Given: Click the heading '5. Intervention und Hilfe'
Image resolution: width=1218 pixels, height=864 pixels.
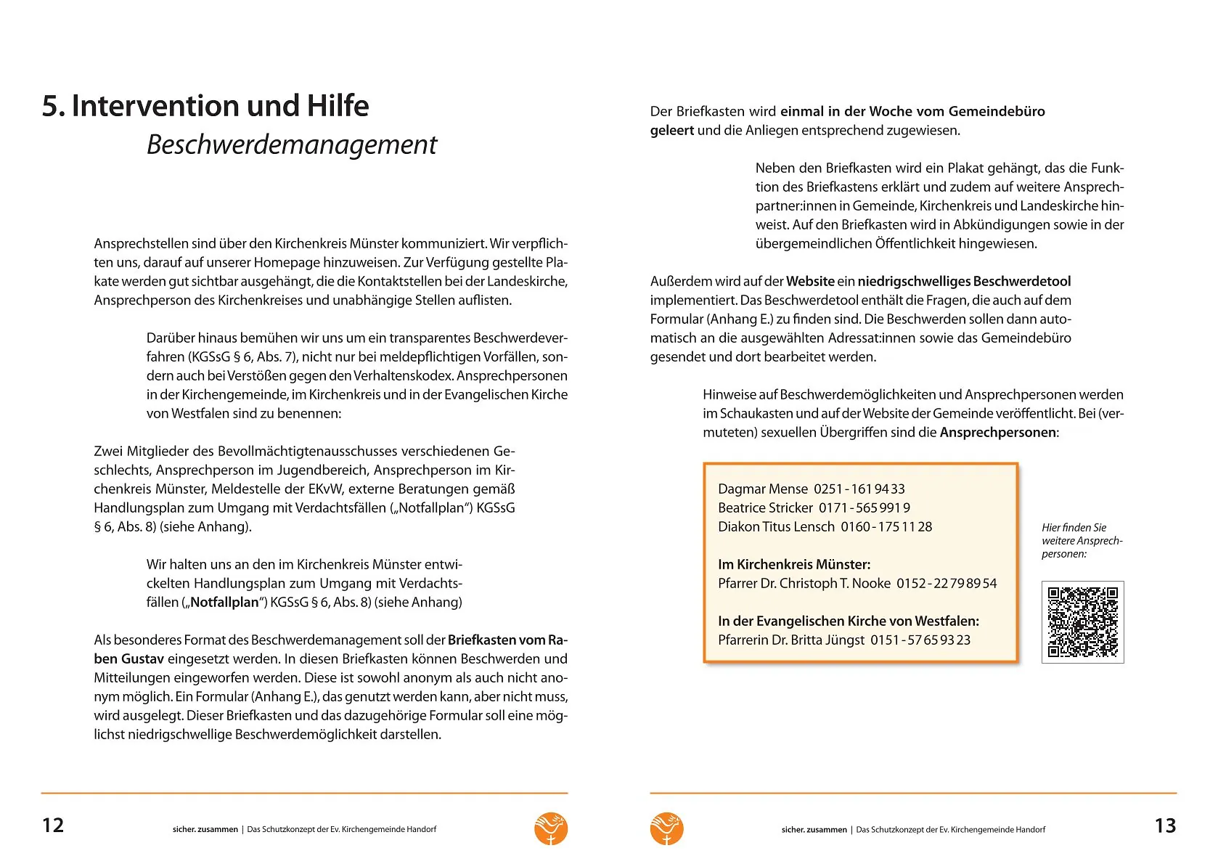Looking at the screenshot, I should click(x=205, y=106).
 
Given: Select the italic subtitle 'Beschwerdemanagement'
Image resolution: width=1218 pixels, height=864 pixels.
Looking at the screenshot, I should click(x=292, y=144).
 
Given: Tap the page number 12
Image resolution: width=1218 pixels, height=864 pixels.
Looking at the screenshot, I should click(x=53, y=826).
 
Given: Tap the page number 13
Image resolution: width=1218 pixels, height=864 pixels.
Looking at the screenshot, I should click(x=1165, y=826).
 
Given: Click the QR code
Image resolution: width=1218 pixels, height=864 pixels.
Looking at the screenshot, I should click(x=1082, y=621).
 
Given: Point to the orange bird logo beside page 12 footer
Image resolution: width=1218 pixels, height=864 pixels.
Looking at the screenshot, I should click(x=551, y=828).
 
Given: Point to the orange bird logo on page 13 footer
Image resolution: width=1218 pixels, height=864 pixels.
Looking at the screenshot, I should click(x=666, y=828).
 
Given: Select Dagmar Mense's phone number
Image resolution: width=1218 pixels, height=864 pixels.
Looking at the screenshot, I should click(x=859, y=489).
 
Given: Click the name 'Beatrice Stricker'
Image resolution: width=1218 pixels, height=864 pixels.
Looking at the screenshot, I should click(x=765, y=508).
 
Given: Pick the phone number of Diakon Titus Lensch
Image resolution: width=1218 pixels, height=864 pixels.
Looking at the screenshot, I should click(x=886, y=527).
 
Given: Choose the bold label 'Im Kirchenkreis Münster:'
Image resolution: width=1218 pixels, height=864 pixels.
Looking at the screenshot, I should click(x=794, y=565).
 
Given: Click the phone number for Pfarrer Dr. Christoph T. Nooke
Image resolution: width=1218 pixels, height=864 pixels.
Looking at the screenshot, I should click(x=947, y=584).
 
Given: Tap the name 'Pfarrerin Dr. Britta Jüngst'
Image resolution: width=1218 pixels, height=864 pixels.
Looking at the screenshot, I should click(x=791, y=640).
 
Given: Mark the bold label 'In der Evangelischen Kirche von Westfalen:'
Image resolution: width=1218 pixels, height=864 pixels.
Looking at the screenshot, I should click(x=849, y=621).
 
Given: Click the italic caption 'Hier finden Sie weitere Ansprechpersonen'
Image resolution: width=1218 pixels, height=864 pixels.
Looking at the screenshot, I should click(x=1082, y=541).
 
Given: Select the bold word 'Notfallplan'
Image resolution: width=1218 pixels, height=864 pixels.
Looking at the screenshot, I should click(x=224, y=603).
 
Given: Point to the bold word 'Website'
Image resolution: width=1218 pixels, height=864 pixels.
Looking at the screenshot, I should click(x=810, y=282).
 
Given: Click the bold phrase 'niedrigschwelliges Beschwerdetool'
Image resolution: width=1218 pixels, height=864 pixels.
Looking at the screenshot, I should click(x=964, y=282).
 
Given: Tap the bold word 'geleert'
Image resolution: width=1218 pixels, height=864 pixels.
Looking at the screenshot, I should click(x=672, y=131).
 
